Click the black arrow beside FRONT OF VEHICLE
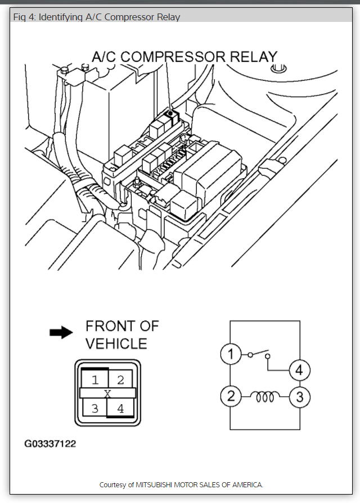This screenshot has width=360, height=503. [x=61, y=333]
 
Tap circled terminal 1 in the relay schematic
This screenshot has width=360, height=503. [x=229, y=355]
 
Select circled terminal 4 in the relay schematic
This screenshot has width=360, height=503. [x=299, y=370]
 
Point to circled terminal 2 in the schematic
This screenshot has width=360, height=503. [x=229, y=397]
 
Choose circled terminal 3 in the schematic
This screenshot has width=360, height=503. [x=299, y=397]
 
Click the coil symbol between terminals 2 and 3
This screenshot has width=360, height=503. [x=264, y=397]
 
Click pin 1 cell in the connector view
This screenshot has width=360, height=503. [x=95, y=379]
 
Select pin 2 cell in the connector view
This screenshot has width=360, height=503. [x=120, y=379]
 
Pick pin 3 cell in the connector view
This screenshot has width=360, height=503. [x=94, y=408]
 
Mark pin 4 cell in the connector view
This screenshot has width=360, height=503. [x=120, y=408]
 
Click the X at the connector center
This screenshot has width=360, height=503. [x=107, y=393]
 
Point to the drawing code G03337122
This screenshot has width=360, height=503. [x=50, y=444]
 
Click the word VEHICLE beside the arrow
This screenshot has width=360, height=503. [x=116, y=343]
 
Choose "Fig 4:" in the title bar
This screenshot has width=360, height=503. [x=25, y=17]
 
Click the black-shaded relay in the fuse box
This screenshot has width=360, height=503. [x=169, y=115]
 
